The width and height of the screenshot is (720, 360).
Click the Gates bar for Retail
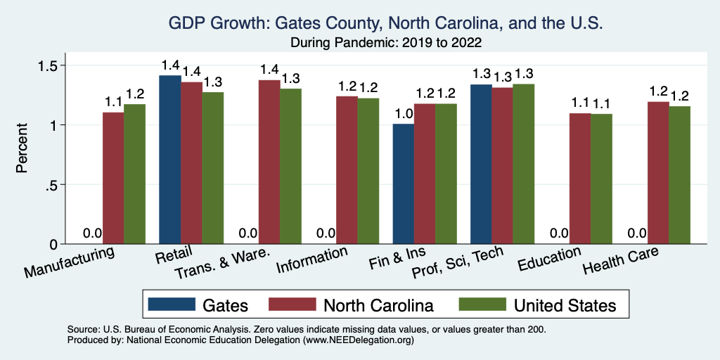(x=169, y=160)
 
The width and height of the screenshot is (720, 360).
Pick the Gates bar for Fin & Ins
(x=403, y=184)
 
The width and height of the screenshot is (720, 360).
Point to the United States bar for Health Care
(x=679, y=175)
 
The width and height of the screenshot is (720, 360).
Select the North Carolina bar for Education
(x=580, y=179)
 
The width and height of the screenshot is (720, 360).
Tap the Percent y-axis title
(x=22, y=149)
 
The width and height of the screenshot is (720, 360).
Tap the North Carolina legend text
(x=378, y=304)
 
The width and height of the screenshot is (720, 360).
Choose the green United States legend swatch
(x=482, y=304)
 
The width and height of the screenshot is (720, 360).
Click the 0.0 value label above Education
(x=558, y=233)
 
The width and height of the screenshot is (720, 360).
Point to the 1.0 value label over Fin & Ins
(x=403, y=113)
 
